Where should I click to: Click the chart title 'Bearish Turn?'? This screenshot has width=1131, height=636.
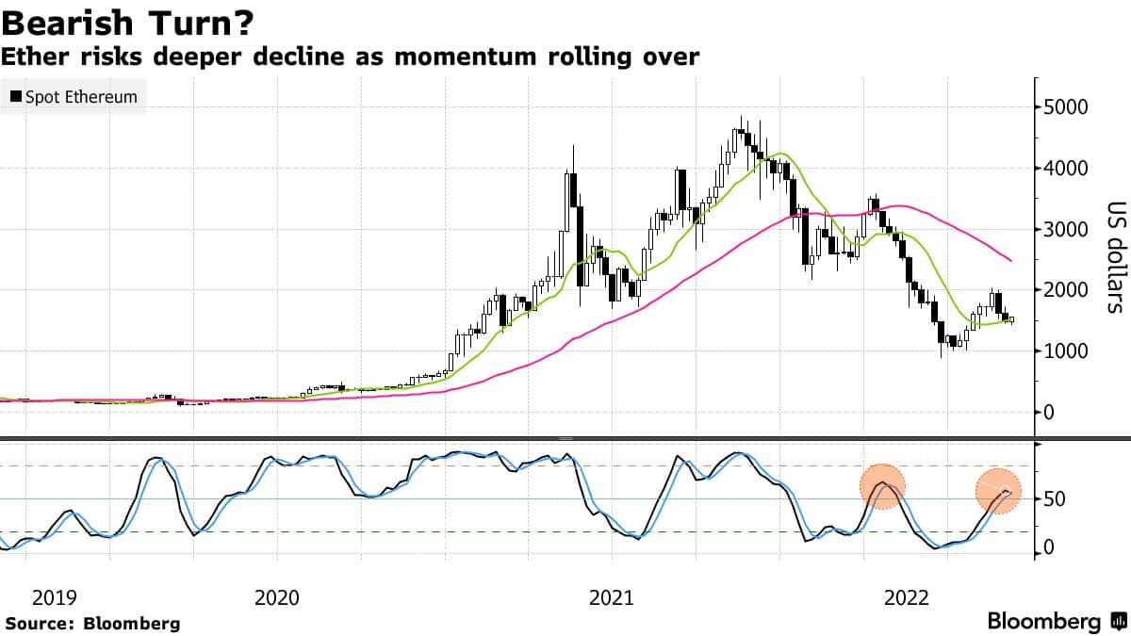click(127, 21)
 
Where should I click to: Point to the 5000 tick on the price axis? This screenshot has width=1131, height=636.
click(1068, 107)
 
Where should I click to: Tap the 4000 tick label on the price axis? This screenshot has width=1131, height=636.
click(1068, 169)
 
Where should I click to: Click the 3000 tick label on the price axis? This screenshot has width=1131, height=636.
click(1068, 229)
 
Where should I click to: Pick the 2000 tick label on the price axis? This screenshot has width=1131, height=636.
click(1068, 290)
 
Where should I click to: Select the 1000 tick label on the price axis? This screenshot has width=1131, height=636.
click(1068, 351)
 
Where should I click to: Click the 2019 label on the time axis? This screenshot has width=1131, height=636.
click(54, 597)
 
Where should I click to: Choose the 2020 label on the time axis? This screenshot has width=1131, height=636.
click(277, 597)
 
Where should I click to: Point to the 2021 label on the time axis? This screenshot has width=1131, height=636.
click(611, 597)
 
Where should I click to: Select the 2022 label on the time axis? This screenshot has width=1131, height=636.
click(910, 597)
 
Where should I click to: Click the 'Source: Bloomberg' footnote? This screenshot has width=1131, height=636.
click(92, 623)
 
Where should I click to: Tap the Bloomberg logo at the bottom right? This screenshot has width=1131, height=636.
click(1056, 622)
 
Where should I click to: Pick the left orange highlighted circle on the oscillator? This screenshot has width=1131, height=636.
click(883, 487)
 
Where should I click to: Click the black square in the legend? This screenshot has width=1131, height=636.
click(16, 97)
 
